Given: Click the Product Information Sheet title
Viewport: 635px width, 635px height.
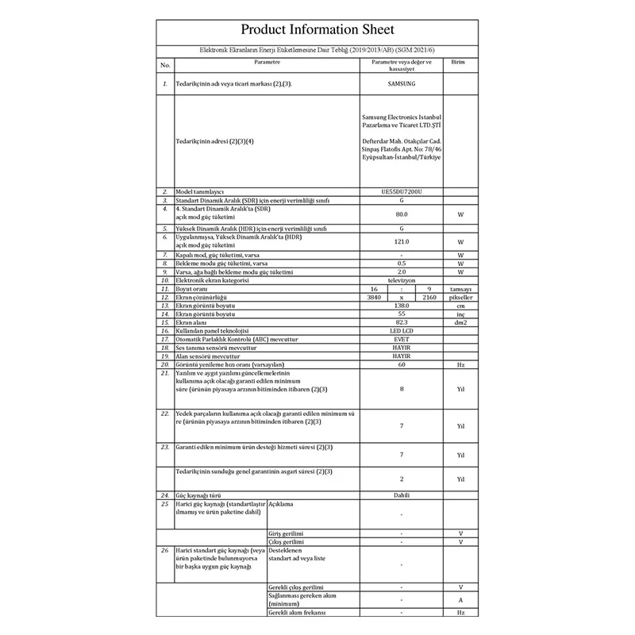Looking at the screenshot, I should [x=317, y=31].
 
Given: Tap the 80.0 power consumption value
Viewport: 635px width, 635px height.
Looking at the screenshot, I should [x=402, y=214].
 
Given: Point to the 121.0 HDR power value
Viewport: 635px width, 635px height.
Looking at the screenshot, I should [x=402, y=242].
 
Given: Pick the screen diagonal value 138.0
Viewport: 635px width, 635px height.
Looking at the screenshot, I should [x=402, y=305].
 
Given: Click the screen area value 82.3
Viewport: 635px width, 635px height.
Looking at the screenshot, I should [x=402, y=322].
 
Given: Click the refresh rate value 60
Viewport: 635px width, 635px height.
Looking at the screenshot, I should [x=402, y=365].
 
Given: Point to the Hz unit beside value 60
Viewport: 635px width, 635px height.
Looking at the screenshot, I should [x=460, y=365].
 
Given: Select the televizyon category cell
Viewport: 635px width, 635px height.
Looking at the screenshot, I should [x=402, y=280].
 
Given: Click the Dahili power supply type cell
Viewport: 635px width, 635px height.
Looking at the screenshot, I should [x=402, y=495].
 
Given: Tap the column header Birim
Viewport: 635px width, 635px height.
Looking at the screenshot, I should [x=458, y=61].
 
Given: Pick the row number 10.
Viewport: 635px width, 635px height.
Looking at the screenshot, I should [x=165, y=280].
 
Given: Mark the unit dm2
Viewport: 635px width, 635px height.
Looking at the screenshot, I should [x=460, y=322].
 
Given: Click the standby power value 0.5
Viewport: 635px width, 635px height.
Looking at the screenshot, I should [x=402, y=263].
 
